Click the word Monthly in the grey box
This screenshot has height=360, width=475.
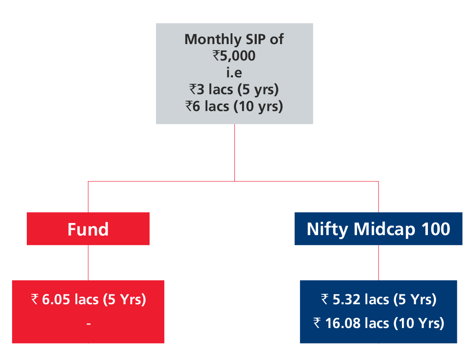pos(213,40)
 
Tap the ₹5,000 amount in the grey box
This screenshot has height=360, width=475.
pos(234,56)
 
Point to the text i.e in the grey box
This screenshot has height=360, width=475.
pos(234,73)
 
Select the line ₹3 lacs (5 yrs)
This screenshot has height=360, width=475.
pos(234,90)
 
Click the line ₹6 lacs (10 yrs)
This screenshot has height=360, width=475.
pos(234,107)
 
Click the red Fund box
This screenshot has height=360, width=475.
pos(88,229)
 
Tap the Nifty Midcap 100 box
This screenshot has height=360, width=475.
pos(378,229)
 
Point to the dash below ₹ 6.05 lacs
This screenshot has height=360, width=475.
pos(89,324)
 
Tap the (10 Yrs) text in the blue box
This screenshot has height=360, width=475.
pos(419,323)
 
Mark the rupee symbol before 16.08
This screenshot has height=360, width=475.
pos(317,323)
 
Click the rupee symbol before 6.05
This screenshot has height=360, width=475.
pos(35,299)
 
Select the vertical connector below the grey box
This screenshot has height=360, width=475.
pos(234,153)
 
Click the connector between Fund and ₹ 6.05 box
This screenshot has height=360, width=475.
pos(88,263)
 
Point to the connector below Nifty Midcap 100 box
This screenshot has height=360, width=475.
pos(378,263)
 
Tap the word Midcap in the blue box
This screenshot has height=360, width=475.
pos(384,229)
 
